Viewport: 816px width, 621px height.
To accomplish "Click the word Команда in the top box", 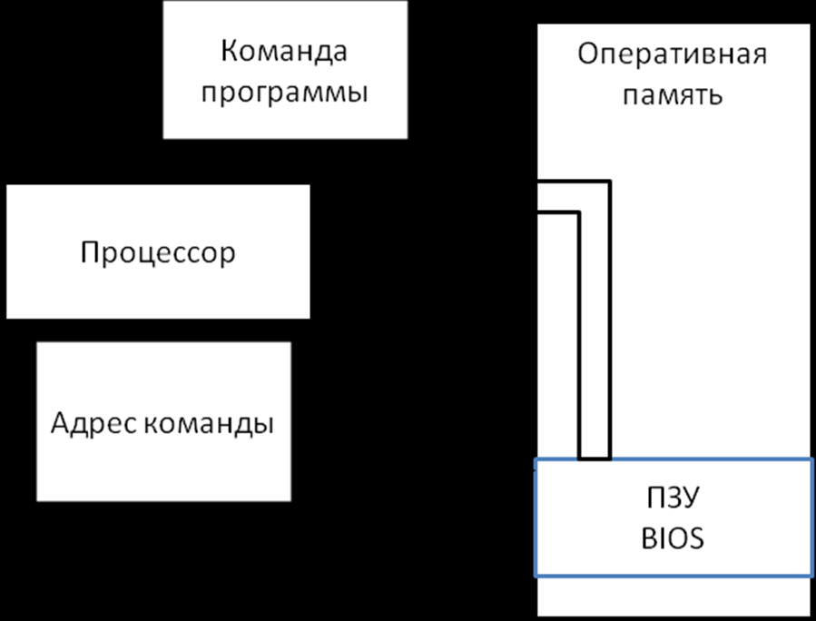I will [283, 51].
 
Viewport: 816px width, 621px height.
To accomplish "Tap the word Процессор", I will [157, 252].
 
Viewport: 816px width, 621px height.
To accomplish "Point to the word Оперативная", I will [672, 54].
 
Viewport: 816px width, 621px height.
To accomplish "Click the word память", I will [672, 95].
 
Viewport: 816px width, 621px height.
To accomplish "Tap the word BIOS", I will [673, 539].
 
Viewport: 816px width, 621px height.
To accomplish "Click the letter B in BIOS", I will [648, 539].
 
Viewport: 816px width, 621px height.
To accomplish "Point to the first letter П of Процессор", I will [88, 251].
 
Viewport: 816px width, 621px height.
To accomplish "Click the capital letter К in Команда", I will [229, 51].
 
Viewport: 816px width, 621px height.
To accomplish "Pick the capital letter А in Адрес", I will [60, 423].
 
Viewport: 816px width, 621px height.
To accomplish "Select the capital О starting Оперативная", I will [587, 54].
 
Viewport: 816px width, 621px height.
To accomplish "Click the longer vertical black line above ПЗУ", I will [610, 318].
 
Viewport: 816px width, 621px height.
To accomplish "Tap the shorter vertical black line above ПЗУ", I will [579, 336].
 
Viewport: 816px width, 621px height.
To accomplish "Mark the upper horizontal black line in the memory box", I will [574, 182].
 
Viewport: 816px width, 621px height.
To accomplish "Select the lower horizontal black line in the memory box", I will [558, 213].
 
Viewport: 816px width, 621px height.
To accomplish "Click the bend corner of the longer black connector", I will [610, 182].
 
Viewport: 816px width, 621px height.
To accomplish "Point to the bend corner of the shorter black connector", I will [579, 213].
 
